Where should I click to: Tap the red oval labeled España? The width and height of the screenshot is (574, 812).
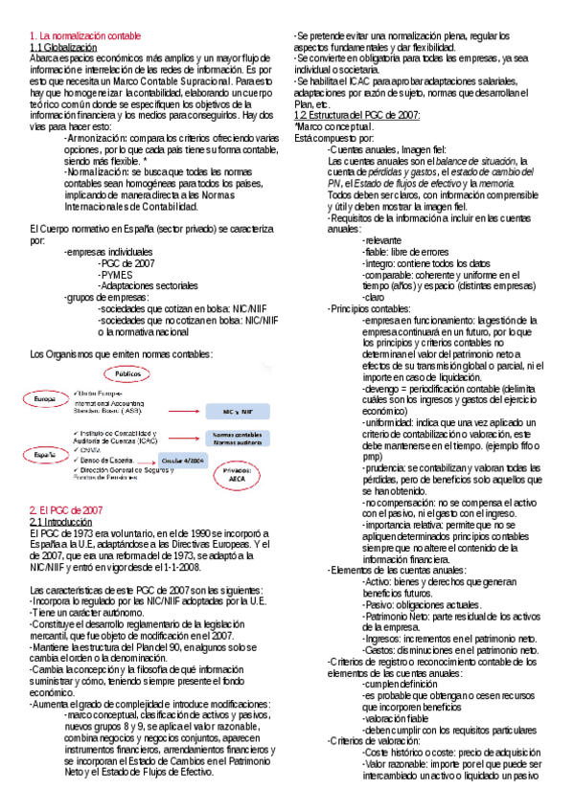point(43,455)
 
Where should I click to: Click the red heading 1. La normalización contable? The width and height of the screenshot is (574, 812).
point(85,35)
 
